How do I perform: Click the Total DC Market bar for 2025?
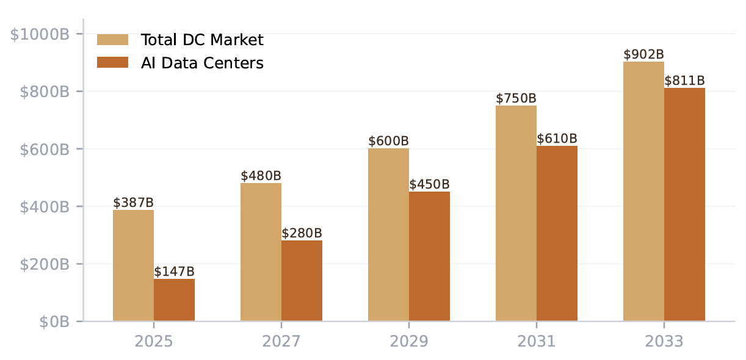coord(133,265)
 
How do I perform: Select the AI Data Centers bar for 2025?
coord(174,300)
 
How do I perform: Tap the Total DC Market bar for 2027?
coord(261,252)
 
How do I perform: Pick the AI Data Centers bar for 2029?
coord(429,256)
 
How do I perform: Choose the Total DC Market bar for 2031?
coord(516,213)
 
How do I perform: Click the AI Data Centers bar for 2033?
coord(684,204)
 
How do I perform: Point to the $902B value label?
coord(643,54)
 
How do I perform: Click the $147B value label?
coord(174,272)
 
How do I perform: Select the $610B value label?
coord(557,139)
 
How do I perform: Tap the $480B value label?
coord(261,176)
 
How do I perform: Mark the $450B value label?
coord(429,184)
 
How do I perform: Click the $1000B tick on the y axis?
coord(40,34)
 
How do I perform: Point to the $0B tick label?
coord(54,322)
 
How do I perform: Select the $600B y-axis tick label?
coord(44,149)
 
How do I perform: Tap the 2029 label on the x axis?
coord(409,341)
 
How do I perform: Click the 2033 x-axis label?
coord(664,341)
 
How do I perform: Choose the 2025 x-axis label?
coord(154,341)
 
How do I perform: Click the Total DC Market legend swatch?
coord(113,40)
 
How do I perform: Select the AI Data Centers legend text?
coord(202,63)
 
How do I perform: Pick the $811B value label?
coord(684,81)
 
